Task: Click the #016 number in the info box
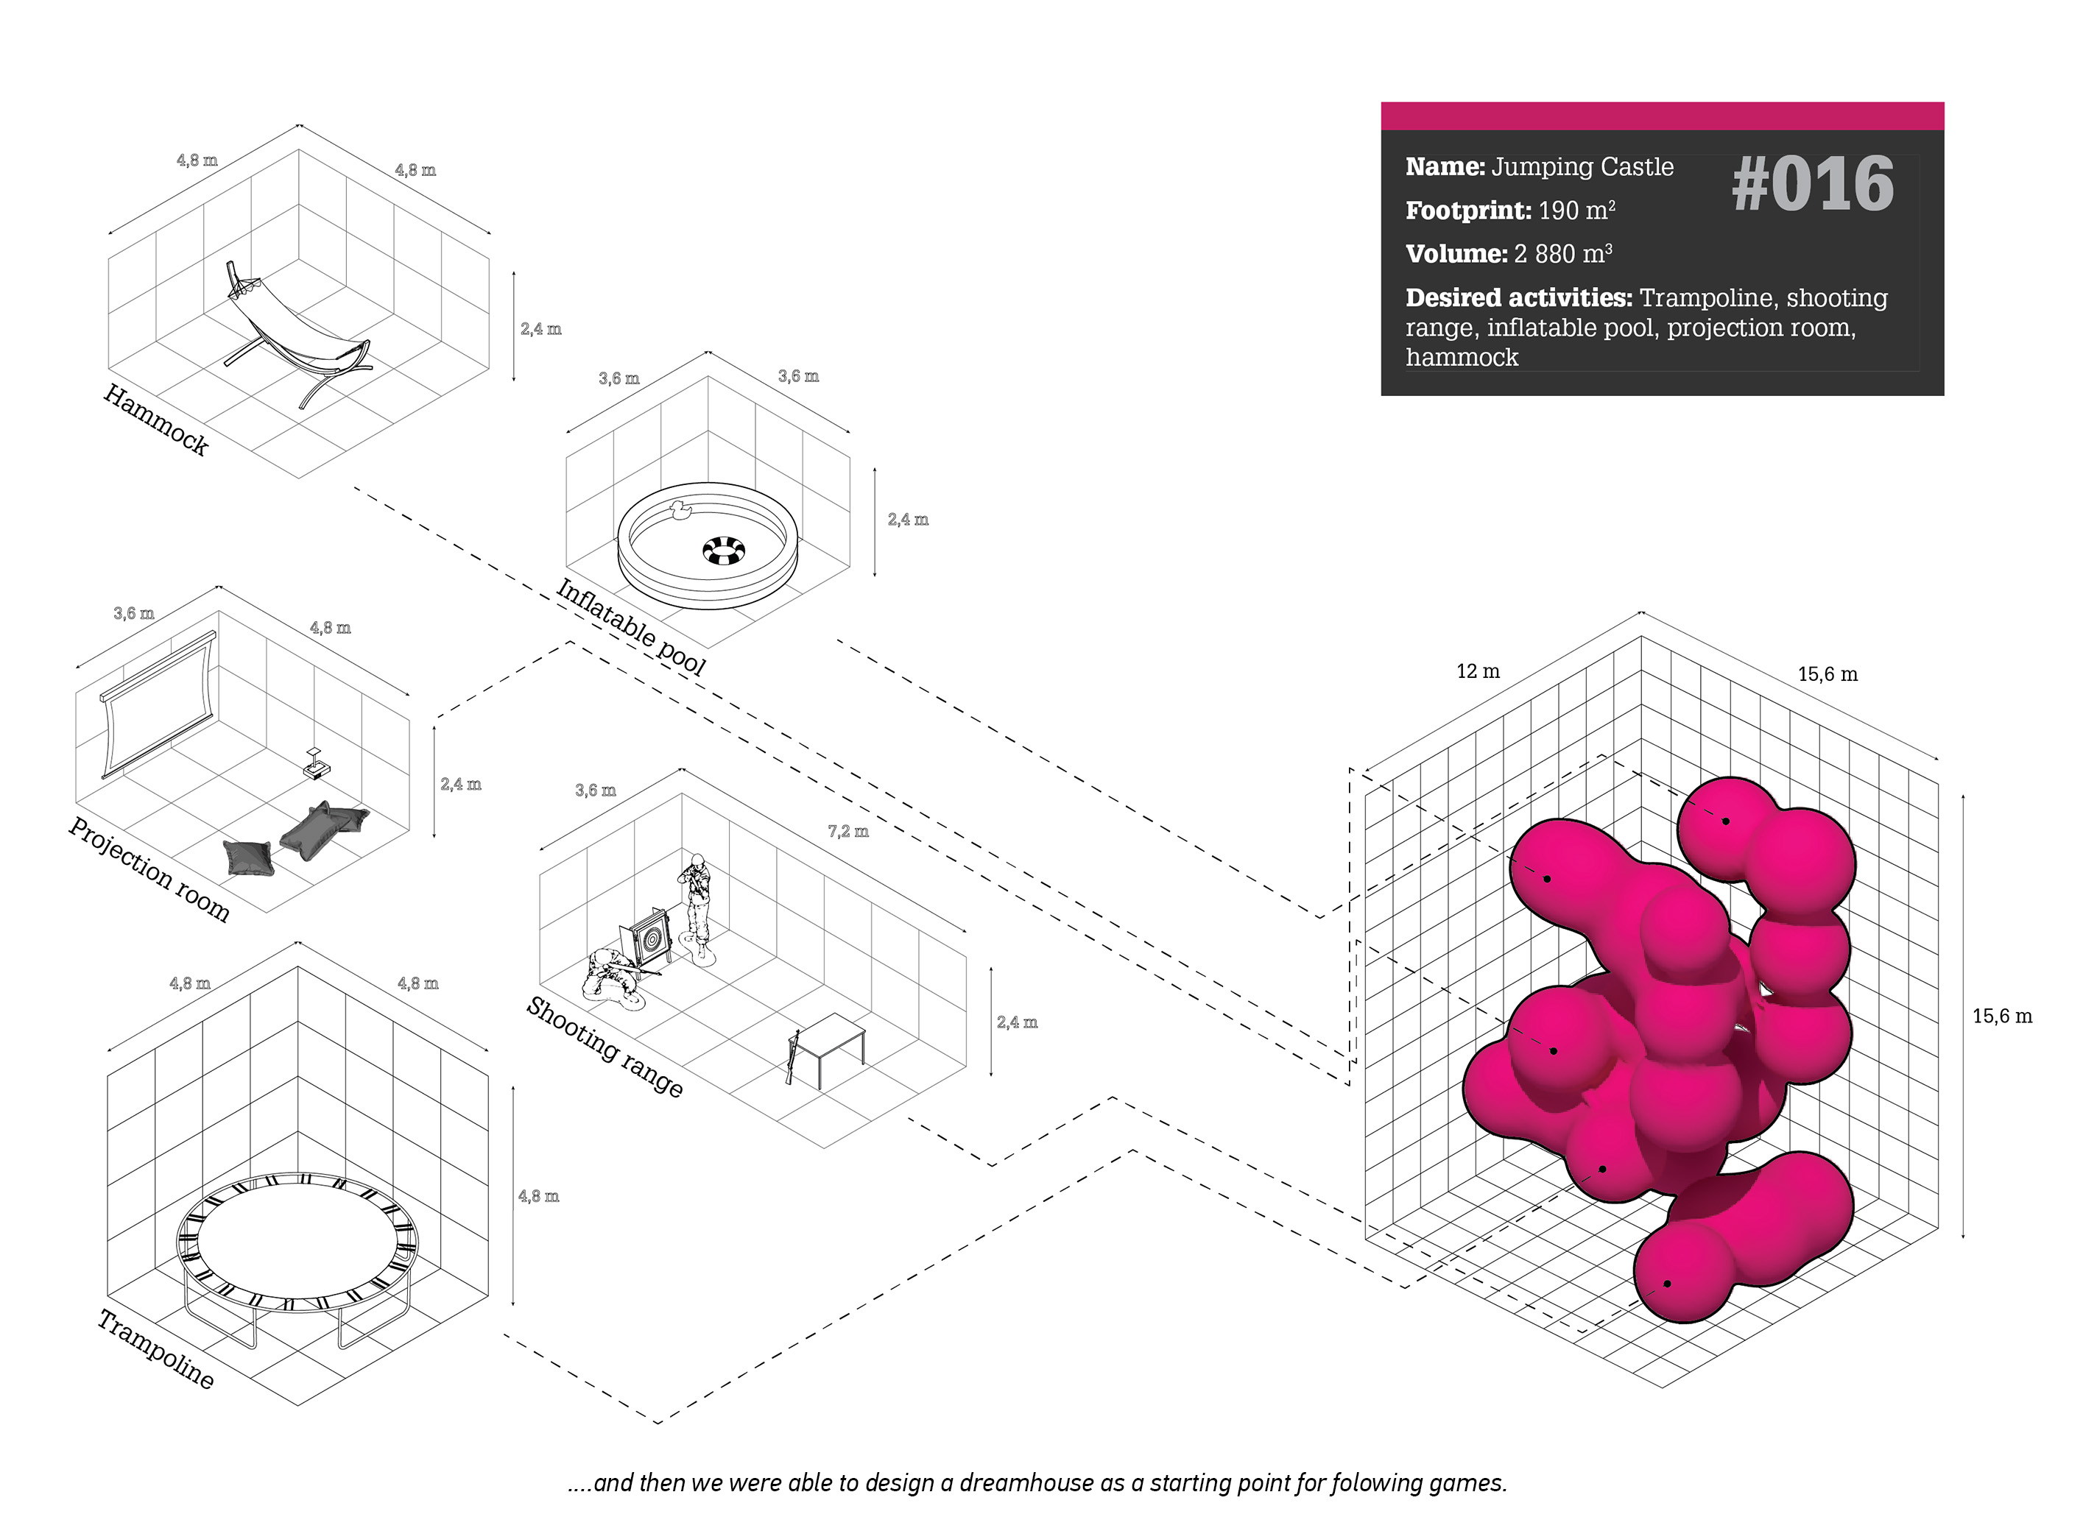click(1812, 185)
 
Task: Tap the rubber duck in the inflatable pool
click(680, 511)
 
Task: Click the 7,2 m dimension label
click(847, 831)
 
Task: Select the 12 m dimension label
click(1478, 671)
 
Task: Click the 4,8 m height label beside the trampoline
click(538, 1195)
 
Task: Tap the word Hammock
click(156, 420)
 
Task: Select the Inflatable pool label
click(631, 627)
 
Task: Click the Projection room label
click(149, 869)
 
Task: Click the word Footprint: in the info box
click(1467, 211)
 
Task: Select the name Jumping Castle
click(1582, 167)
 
